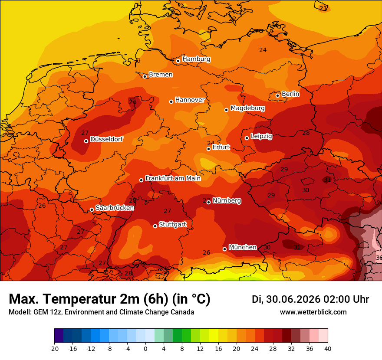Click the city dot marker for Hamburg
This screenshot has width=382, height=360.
click(x=178, y=61)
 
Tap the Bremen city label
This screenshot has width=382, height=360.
click(x=161, y=75)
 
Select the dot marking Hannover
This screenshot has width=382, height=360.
click(x=171, y=101)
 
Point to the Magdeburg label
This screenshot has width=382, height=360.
click(x=247, y=108)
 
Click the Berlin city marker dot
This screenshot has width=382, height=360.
click(x=277, y=95)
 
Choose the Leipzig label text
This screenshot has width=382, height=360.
click(x=261, y=136)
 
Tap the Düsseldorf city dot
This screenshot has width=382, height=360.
click(x=86, y=141)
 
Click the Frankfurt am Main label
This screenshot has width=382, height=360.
click(x=173, y=178)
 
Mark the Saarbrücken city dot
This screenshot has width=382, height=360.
click(x=92, y=209)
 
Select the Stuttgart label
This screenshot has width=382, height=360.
click(x=173, y=224)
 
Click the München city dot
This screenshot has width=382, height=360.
click(x=224, y=249)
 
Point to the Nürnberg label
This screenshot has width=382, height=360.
click(x=227, y=200)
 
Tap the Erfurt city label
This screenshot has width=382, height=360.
click(x=221, y=147)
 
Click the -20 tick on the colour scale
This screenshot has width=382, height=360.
click(x=54, y=349)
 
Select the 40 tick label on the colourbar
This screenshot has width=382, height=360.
click(x=328, y=349)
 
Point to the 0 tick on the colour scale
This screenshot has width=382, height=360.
click(x=145, y=349)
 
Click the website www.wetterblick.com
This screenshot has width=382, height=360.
click(x=313, y=312)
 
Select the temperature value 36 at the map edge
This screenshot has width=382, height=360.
click(x=379, y=258)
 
